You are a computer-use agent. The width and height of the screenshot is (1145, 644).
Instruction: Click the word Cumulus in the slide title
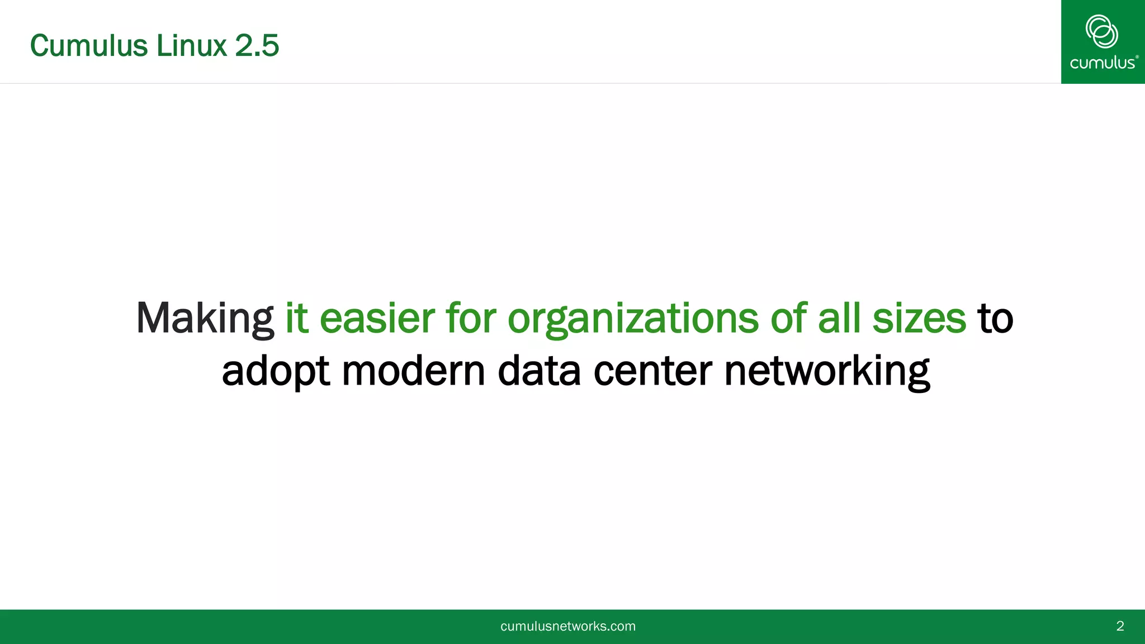tap(89, 46)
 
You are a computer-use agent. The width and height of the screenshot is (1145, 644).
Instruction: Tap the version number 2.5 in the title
tap(257, 46)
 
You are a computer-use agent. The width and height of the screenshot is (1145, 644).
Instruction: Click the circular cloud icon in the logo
tap(1101, 31)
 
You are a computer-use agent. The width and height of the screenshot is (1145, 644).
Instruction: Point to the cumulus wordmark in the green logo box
tap(1103, 63)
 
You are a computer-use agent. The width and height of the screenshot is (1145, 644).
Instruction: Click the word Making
tap(205, 319)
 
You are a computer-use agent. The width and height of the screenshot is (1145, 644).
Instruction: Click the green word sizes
tap(919, 319)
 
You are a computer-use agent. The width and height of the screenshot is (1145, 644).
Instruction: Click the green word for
tap(471, 319)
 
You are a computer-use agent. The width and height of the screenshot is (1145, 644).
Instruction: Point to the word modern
tap(413, 371)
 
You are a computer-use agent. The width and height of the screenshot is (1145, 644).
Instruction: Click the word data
tap(539, 371)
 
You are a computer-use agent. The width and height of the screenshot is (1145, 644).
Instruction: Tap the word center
tap(652, 371)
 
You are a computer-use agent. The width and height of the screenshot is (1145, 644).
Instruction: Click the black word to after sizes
tap(995, 319)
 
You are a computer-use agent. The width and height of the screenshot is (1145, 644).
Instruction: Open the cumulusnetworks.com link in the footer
tap(567, 626)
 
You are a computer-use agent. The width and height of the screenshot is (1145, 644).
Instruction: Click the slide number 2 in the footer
tap(1120, 626)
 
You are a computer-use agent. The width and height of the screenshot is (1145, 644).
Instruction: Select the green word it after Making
tap(296, 319)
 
